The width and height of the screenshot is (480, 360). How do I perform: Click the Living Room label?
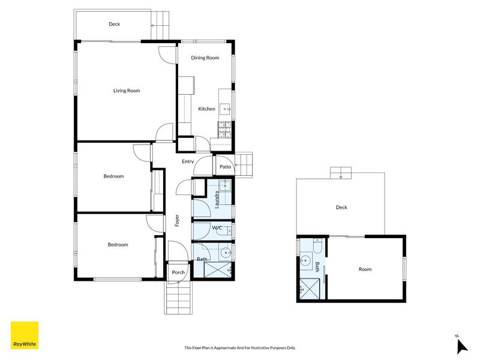pos(127,91)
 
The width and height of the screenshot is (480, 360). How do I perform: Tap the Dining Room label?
pos(205,58)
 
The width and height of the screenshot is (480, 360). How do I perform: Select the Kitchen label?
pos(206,109)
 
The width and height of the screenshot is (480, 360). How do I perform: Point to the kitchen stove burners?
pos(224,129)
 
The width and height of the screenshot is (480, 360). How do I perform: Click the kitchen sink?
pos(225,109)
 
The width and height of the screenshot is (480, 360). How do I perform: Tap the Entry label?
pos(188,161)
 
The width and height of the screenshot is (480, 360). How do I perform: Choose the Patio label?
pos(226,167)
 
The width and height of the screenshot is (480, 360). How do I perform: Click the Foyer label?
pos(177,220)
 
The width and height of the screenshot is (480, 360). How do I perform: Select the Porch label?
pos(178,272)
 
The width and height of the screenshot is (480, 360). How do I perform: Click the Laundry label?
pos(217,200)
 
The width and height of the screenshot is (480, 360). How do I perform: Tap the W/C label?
pos(217,228)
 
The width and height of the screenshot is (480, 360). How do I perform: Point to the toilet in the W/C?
pos(225,230)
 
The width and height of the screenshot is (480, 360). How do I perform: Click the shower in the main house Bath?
pos(218,269)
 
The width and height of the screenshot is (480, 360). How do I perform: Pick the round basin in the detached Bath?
pos(305,261)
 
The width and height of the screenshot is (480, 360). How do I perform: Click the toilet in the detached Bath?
pos(317,246)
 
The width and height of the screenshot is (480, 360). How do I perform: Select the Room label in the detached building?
pos(365,269)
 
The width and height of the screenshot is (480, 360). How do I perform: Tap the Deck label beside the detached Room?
pos(341,207)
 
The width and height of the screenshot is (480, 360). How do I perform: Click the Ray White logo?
pos(25,335)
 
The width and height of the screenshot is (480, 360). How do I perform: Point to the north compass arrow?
pos(461,347)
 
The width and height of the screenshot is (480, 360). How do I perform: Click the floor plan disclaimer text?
pos(239,348)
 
